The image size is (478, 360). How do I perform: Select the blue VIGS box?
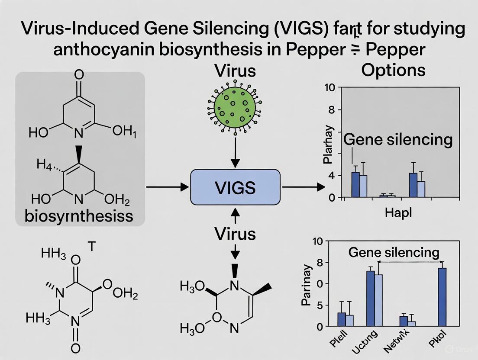pos(235,187)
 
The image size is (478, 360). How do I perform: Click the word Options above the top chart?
pos(393,70)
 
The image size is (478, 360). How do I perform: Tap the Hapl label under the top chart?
pos(398,213)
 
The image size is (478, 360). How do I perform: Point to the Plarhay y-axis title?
pos(329,145)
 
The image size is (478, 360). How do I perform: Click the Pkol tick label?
pos(438,340)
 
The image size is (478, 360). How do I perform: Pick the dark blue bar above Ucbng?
pos(370,299)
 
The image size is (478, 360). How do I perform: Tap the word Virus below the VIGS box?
pos(235,234)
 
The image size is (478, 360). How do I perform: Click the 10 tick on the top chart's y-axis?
pos(330,88)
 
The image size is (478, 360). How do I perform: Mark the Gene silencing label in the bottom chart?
pos(394,252)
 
